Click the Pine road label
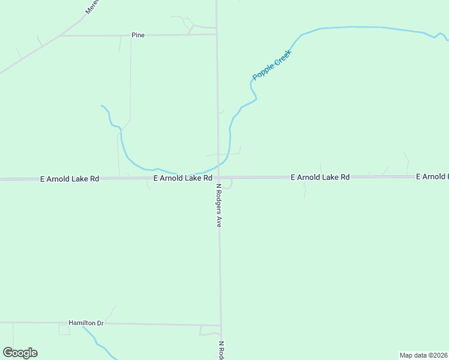coord(138,35)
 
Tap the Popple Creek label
coord(272,65)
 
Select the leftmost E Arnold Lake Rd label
coord(69,179)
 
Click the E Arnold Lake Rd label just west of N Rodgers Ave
coord(183,178)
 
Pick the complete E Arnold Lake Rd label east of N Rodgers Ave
coord(320,178)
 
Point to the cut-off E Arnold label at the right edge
coord(432,176)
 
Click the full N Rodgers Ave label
coord(220,205)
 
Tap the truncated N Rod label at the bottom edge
coord(221,350)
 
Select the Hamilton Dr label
coord(86,323)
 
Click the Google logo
coord(20,353)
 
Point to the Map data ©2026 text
coord(423,355)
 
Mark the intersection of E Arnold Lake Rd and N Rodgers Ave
coord(218,178)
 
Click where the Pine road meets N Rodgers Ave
coord(217,34)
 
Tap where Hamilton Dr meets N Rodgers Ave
coord(221,326)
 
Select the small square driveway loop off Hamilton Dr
coord(64,329)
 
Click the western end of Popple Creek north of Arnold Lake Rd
coord(102,106)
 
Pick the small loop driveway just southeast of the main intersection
coord(228,184)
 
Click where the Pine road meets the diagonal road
coord(60,36)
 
